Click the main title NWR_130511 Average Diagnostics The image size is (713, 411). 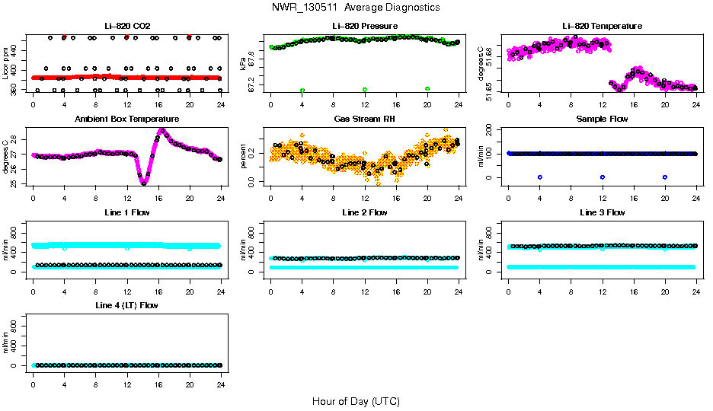355,7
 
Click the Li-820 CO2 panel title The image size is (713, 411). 127,27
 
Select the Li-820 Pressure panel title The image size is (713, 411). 364,27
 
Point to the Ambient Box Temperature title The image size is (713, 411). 127,119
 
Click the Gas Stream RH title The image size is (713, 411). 364,119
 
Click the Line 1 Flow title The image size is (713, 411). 127,212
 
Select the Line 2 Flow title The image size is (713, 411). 364,212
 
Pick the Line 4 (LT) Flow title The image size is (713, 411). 127,305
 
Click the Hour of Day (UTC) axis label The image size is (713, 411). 355,401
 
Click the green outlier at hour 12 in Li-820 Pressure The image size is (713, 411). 365,90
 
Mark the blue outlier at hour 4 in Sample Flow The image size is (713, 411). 539,177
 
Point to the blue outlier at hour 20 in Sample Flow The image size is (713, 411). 665,177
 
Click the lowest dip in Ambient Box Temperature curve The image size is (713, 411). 143,182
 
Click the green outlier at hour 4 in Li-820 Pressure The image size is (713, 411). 302,91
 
